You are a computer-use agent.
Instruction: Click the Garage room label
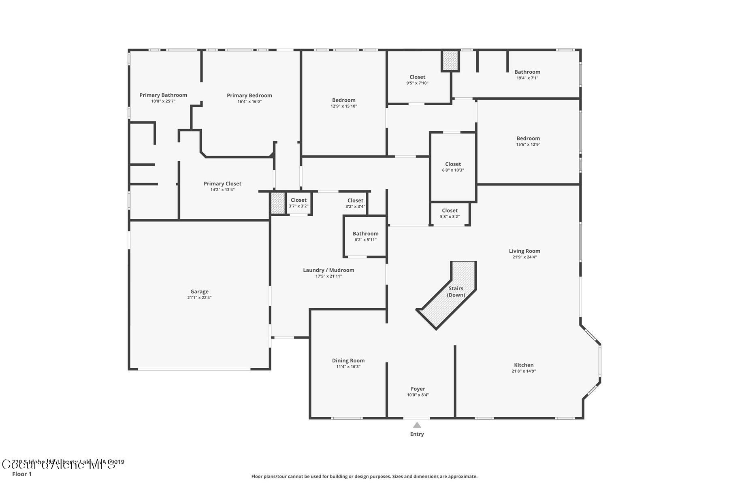tap(199, 292)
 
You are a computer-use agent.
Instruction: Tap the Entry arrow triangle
tap(417, 425)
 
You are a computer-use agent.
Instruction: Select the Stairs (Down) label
tap(456, 292)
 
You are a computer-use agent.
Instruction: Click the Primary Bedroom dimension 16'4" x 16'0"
tap(249, 102)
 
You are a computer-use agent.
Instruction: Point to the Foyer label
tap(418, 389)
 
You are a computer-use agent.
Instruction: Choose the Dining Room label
tap(348, 360)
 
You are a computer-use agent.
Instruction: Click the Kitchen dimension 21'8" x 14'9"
tap(524, 371)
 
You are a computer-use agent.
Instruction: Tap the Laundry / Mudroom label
tap(328, 270)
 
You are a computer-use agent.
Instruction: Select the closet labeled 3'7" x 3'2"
tap(298, 203)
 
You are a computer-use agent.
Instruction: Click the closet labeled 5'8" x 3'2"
tap(450, 213)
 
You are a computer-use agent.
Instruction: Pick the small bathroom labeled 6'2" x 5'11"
tap(365, 237)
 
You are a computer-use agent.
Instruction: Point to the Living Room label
tap(524, 251)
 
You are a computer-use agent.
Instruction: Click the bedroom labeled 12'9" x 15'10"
tap(344, 103)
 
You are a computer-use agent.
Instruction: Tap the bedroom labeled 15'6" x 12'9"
tap(528, 141)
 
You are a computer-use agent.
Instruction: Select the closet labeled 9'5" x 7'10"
tap(417, 80)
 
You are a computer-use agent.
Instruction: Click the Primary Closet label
tap(222, 184)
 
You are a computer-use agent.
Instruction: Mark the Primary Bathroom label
tap(163, 95)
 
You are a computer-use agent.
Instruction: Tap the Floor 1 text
tap(22, 474)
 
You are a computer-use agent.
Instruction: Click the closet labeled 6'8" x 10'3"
tap(453, 167)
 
